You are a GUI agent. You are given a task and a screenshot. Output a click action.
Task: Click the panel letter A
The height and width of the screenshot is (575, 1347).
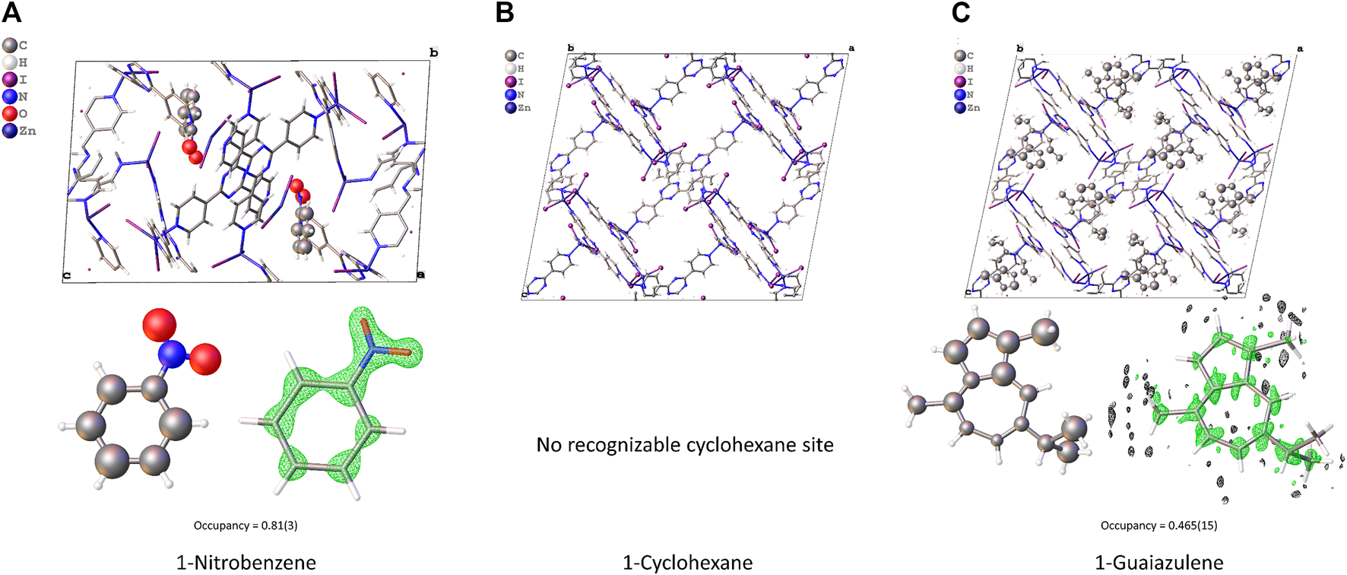pyautogui.click(x=11, y=12)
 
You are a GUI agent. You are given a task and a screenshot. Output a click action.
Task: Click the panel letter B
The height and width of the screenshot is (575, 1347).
pyautogui.click(x=504, y=12)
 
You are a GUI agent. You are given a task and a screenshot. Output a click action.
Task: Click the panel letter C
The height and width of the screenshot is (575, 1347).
pyautogui.click(x=960, y=12)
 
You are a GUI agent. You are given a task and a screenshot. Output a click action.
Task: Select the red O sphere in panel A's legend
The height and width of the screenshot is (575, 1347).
pyautogui.click(x=10, y=113)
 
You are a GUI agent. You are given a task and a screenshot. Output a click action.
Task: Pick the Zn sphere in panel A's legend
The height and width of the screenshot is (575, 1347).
pyautogui.click(x=10, y=131)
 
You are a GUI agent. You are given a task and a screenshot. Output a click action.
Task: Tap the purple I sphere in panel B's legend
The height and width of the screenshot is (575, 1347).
pyautogui.click(x=511, y=81)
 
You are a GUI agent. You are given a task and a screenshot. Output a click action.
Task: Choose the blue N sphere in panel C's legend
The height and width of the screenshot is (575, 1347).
pyautogui.click(x=960, y=95)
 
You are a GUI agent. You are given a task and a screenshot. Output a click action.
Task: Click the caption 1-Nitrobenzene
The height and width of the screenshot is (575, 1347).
pyautogui.click(x=246, y=563)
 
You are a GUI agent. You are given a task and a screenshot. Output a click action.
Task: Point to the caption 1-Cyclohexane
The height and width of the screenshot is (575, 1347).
pyautogui.click(x=687, y=563)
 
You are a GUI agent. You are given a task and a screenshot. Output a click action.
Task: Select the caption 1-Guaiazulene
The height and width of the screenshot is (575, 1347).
pyautogui.click(x=1158, y=563)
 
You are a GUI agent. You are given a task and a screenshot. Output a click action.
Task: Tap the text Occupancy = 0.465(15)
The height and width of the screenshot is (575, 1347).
pyautogui.click(x=1158, y=526)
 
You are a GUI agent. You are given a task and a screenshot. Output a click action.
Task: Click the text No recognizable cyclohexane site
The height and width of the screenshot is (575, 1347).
pyautogui.click(x=684, y=444)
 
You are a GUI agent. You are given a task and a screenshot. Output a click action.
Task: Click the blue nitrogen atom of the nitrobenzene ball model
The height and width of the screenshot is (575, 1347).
pyautogui.click(x=173, y=353)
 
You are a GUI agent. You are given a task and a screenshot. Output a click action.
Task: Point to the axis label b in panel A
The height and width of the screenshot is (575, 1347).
pyautogui.click(x=433, y=52)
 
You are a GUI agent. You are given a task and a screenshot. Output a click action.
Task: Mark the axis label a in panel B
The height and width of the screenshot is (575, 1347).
pyautogui.click(x=851, y=48)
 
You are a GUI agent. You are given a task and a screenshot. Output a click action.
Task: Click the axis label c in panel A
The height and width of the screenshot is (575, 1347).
pyautogui.click(x=67, y=275)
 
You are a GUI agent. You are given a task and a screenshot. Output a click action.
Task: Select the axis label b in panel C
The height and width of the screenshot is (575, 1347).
pyautogui.click(x=1019, y=49)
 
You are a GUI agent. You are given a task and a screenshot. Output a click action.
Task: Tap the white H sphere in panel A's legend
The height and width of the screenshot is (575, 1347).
pyautogui.click(x=10, y=62)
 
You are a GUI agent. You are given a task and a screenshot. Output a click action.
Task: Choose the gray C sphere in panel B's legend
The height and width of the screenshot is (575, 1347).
pyautogui.click(x=511, y=56)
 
